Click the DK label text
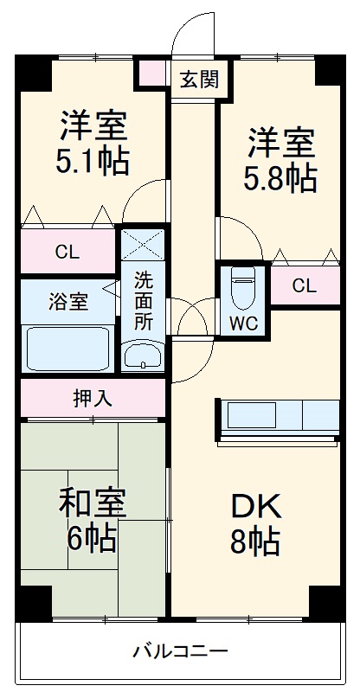[x=254, y=505]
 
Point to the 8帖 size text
[x=254, y=541]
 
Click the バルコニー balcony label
[x=180, y=650]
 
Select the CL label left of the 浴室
[x=67, y=253]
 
